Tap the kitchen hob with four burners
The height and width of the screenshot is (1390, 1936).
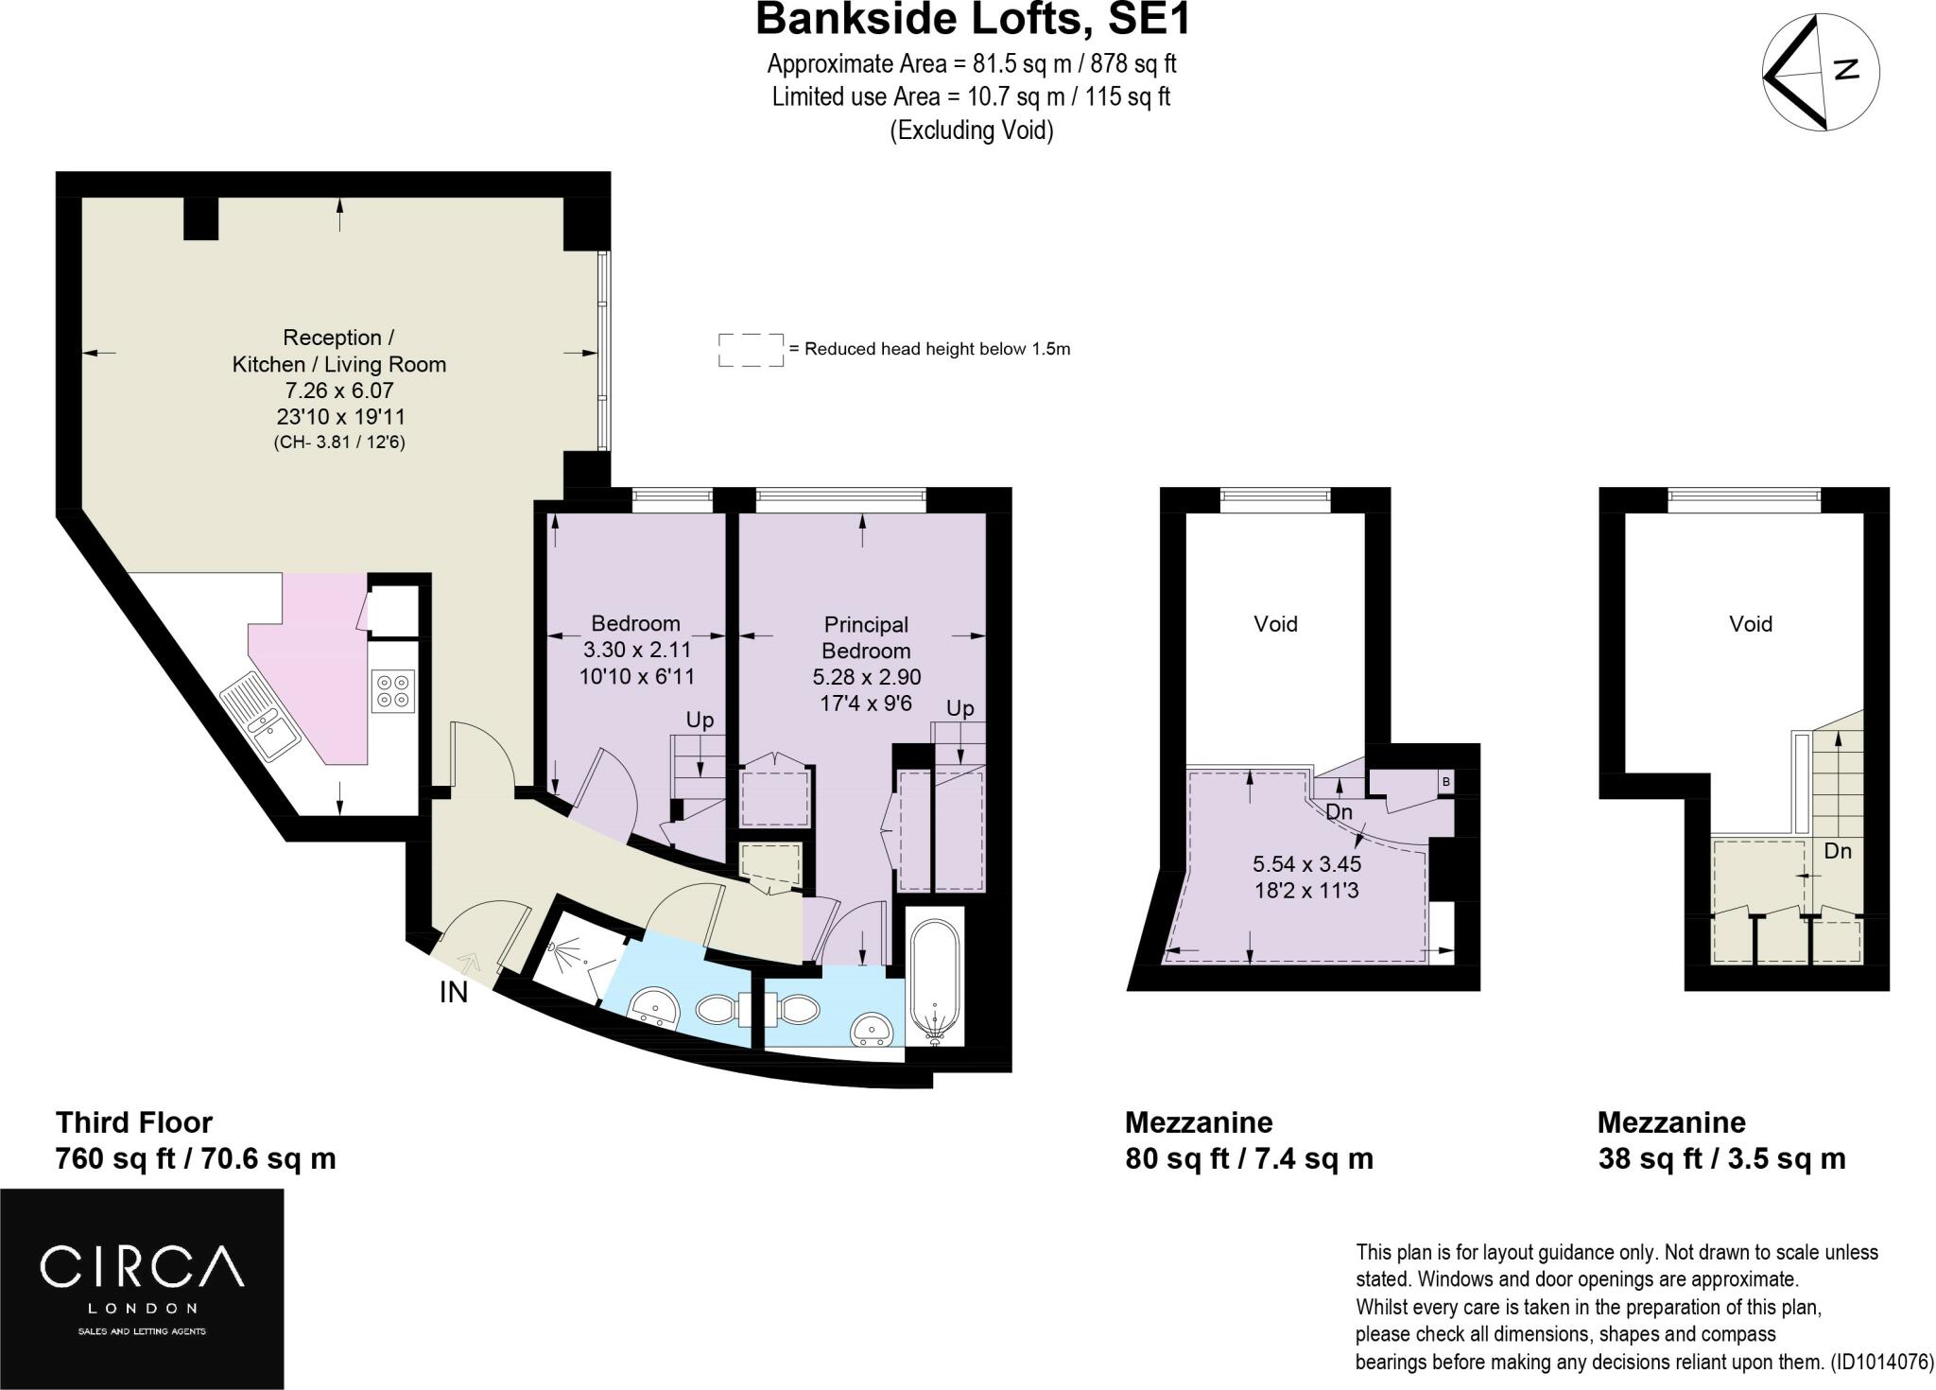coord(394,690)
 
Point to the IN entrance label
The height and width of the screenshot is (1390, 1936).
coord(454,993)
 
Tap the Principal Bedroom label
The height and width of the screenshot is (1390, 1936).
coord(866,637)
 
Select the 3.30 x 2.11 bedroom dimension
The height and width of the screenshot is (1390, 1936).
coord(637,651)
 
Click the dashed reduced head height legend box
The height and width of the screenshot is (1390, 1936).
coord(752,349)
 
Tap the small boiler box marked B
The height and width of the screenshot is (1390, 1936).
coord(1445,782)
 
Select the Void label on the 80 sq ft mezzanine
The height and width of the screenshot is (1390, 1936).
coord(1275,624)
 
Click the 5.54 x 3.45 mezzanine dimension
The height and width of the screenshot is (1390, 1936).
coord(1306,863)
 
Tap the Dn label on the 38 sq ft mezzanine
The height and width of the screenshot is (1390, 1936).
coord(1837,851)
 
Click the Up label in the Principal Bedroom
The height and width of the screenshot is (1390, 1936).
coord(960,708)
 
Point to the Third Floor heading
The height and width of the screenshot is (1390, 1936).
coord(134,1122)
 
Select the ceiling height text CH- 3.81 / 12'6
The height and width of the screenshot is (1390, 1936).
coord(339,442)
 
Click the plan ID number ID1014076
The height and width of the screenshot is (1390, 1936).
coord(1881,1363)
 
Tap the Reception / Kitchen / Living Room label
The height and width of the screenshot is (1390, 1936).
coord(339,351)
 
